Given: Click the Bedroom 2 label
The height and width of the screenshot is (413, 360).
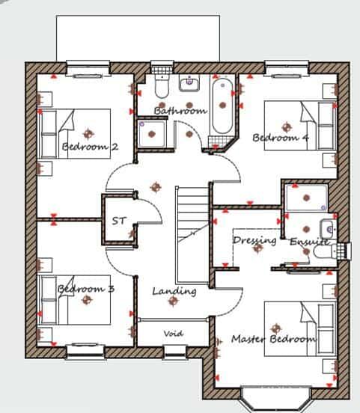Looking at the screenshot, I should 90,147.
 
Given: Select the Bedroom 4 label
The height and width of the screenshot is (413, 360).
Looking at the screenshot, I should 280,138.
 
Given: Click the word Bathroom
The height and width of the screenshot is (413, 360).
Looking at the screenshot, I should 180,111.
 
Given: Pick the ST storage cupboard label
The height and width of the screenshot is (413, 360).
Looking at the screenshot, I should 119,221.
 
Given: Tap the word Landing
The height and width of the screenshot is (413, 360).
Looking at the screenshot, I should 174,290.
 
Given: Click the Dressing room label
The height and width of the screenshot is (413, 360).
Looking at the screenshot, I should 254,240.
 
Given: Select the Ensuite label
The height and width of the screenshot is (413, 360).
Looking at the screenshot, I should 308,241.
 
